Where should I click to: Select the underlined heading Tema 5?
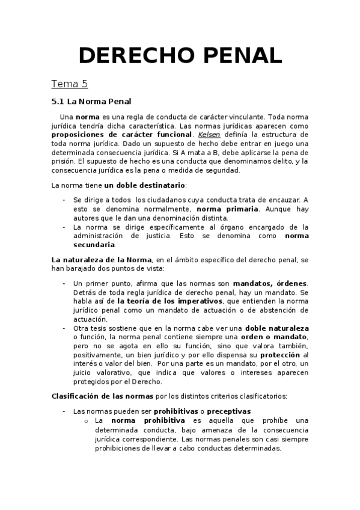pyautogui.click(x=69, y=84)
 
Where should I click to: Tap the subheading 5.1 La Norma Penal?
pyautogui.click(x=91, y=101)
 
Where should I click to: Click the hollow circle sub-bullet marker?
pyautogui.click(x=88, y=420)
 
